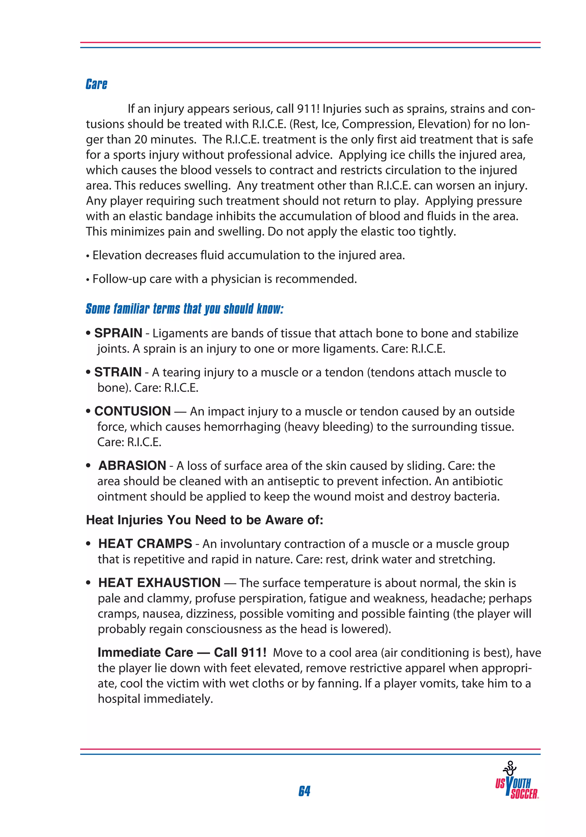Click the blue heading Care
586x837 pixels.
tap(96, 84)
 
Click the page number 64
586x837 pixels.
tap(304, 791)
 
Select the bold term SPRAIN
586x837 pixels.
tap(118, 333)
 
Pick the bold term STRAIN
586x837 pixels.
tap(118, 372)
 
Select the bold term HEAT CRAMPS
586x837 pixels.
tap(145, 544)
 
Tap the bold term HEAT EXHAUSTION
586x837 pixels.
tap(159, 582)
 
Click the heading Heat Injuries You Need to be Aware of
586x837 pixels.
tap(204, 520)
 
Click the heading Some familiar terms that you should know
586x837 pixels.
tap(184, 309)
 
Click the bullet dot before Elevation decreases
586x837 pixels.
tap(88, 256)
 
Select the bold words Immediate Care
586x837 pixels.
tap(145, 652)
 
